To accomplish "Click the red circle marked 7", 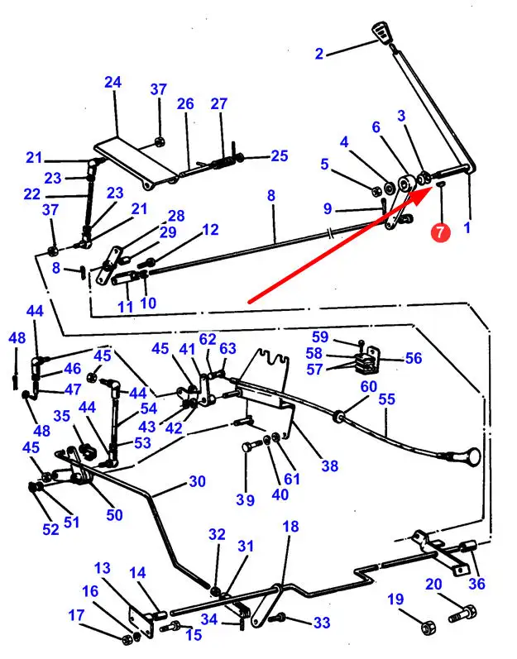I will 439,232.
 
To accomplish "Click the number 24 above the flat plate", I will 112,83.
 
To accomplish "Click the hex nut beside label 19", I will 427,627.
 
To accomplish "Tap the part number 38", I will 329,466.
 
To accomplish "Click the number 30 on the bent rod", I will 196,481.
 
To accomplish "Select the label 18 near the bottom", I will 290,527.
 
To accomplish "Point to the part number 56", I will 413,358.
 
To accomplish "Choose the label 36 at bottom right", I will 476,584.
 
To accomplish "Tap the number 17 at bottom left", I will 76,614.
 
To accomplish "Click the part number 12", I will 210,229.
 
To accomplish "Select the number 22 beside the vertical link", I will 32,194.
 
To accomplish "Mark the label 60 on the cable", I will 367,386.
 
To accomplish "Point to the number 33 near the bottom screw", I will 321,622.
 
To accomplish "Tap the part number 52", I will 51,529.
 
